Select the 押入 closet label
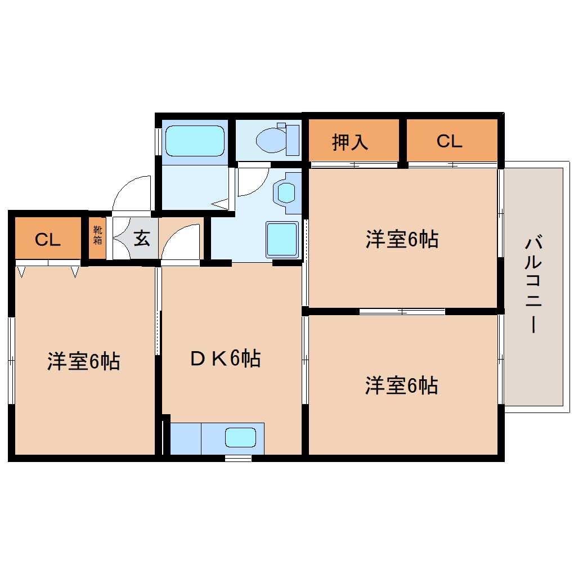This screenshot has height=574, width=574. point(350,142)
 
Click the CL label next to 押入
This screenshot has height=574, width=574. point(449,141)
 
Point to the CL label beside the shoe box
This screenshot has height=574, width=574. point(47,240)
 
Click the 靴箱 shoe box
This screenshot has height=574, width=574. point(97,235)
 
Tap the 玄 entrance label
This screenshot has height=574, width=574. point(141,239)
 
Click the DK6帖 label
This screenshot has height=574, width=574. point(225,358)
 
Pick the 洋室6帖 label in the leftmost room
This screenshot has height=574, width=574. point(83,361)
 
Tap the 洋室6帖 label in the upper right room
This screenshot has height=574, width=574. point(402,240)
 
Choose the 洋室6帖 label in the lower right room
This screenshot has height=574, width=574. point(402,386)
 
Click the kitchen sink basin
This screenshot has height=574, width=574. point(241,438)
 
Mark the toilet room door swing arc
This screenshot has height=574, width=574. point(253,180)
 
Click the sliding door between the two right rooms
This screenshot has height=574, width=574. point(402,311)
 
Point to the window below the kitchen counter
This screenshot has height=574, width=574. point(238,458)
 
